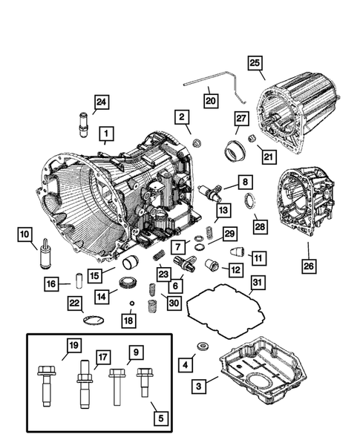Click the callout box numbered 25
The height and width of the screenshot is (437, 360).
pyautogui.click(x=255, y=64)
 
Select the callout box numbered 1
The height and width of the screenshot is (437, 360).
pyautogui.click(x=107, y=134)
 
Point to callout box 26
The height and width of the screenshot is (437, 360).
pyautogui.click(x=309, y=265)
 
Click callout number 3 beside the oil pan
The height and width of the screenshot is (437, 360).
pyautogui.click(x=197, y=387)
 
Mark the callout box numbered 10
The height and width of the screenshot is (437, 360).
pyautogui.click(x=26, y=235)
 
